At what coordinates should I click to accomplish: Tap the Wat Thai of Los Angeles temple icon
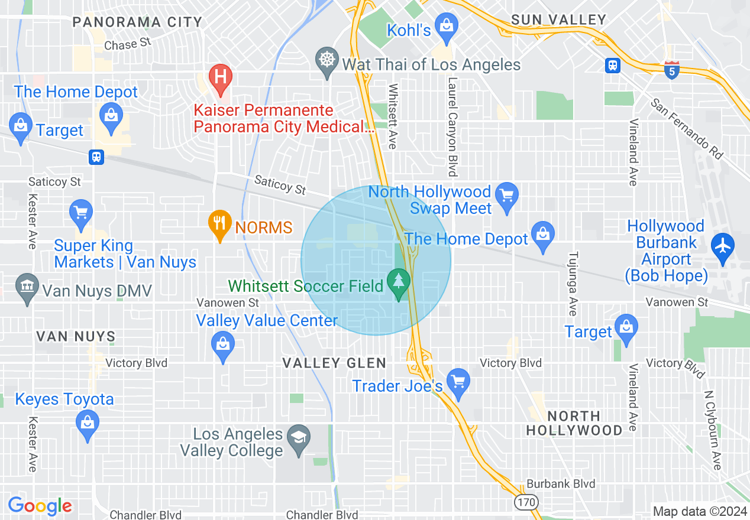point(326,60)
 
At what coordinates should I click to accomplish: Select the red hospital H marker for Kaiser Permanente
point(220,77)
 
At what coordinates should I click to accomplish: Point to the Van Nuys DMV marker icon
point(27,288)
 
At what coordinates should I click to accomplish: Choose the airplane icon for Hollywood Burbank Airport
point(722,243)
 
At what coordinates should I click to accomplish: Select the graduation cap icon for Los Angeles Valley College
point(298,438)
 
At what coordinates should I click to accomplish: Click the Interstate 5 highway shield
point(671,68)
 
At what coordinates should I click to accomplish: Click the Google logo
point(40,506)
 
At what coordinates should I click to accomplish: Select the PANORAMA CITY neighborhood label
point(137,22)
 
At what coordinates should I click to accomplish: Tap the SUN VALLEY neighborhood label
point(558,20)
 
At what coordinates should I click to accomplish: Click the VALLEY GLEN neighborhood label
point(334,363)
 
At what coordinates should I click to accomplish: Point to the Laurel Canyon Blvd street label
point(453,127)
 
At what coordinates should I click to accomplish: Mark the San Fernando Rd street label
point(687,128)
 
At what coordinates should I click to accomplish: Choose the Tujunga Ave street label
point(572,284)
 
